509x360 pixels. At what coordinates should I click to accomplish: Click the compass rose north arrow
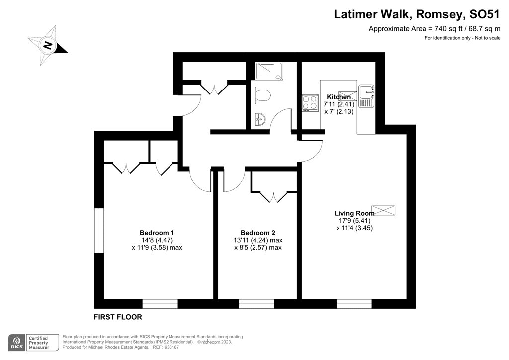coord(48,46)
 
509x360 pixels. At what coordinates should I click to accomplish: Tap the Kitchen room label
coord(339,97)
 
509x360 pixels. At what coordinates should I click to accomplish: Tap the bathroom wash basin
coord(260,119)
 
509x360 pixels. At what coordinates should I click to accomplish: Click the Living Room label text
coord(354,214)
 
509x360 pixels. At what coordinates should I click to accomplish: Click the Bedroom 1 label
coord(157,233)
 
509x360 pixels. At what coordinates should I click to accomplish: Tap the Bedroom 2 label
coord(257,233)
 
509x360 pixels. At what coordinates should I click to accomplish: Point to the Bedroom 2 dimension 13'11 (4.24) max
coord(257,240)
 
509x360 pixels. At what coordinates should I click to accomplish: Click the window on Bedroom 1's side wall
coord(99,231)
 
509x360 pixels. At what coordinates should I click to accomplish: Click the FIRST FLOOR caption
coord(118,317)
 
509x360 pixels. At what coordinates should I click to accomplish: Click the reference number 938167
coord(171,347)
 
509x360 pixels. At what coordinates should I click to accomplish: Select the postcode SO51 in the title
coord(485,14)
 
